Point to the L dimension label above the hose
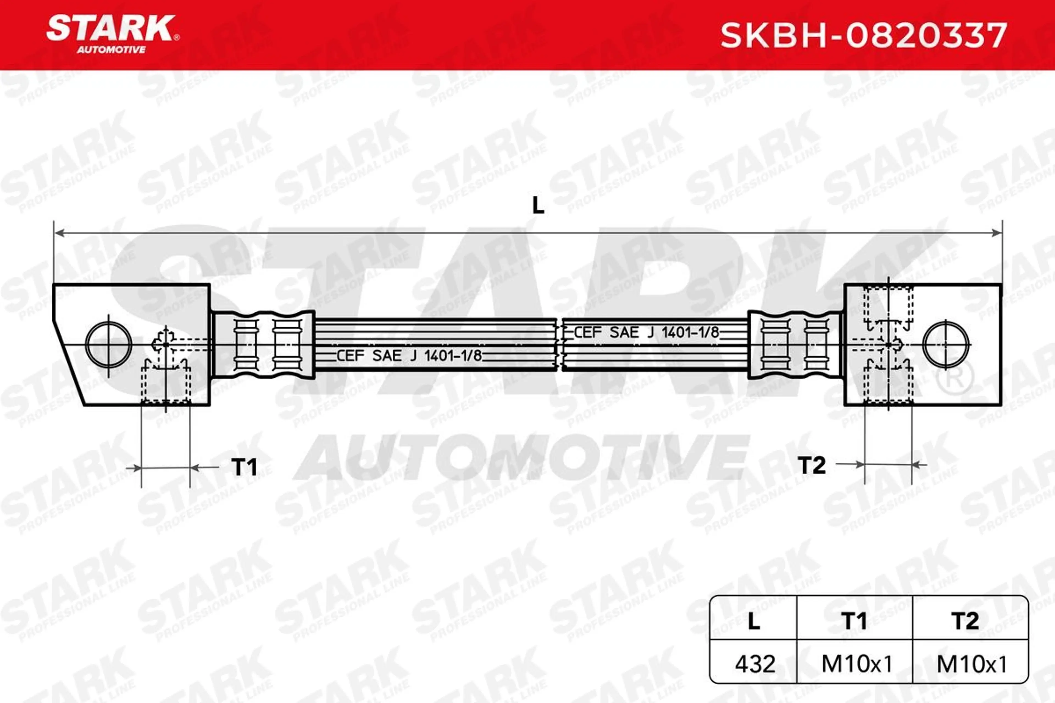(538, 206)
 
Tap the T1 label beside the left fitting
(245, 467)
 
